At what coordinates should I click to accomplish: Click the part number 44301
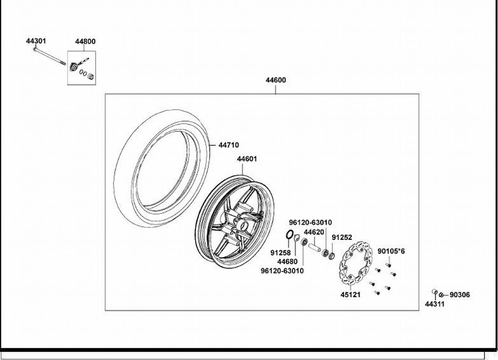click(x=36, y=41)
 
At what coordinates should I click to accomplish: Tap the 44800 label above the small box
click(x=85, y=41)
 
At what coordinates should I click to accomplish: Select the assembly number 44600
click(x=276, y=80)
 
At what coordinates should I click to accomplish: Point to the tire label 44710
click(x=229, y=145)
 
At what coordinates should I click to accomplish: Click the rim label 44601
click(x=247, y=159)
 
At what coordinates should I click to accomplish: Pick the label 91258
click(x=281, y=253)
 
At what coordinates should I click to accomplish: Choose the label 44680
click(x=287, y=262)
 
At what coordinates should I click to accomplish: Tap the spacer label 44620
click(x=314, y=232)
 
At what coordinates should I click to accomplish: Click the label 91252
click(x=342, y=238)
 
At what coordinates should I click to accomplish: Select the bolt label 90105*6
click(x=391, y=251)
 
